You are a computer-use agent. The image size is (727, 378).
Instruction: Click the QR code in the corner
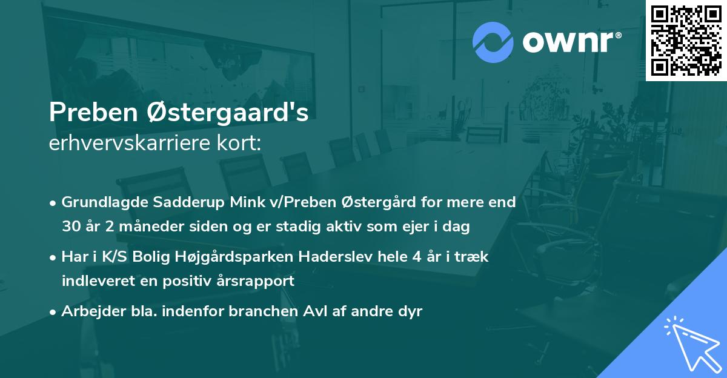click(x=686, y=40)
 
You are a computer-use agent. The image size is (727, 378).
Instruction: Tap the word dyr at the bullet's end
click(x=410, y=311)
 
